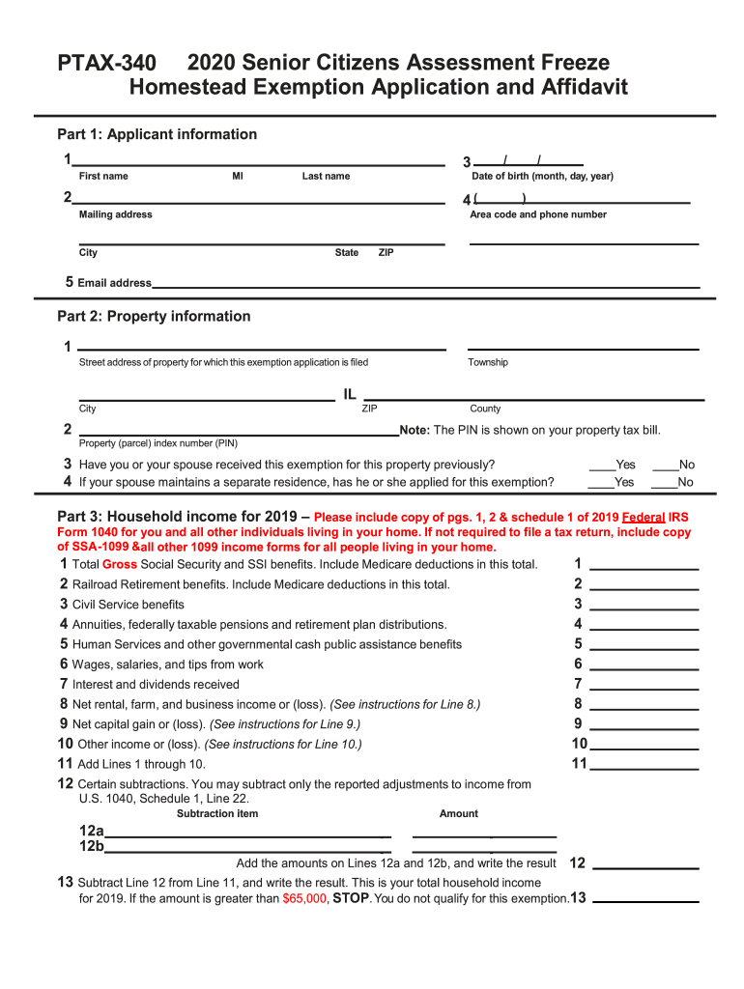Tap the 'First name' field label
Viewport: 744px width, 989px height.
point(103,177)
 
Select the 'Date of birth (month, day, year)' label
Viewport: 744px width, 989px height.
point(542,177)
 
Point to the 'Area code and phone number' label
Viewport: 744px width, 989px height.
point(538,214)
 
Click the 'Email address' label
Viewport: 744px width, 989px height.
point(114,283)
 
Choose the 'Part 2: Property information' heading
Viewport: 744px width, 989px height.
point(154,317)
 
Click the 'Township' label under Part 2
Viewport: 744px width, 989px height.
point(488,362)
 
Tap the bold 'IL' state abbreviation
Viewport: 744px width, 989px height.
point(349,394)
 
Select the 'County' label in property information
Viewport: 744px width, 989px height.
point(485,409)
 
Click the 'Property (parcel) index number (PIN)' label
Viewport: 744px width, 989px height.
point(158,443)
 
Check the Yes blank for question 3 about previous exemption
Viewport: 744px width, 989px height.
point(600,465)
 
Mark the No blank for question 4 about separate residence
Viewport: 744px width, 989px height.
point(664,482)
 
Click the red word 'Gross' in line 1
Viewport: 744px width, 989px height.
point(120,564)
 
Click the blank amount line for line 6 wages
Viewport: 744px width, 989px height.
point(644,664)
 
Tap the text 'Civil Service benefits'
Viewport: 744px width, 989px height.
point(128,605)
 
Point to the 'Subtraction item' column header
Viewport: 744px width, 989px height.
point(217,813)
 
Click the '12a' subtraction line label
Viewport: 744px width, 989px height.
point(92,832)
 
